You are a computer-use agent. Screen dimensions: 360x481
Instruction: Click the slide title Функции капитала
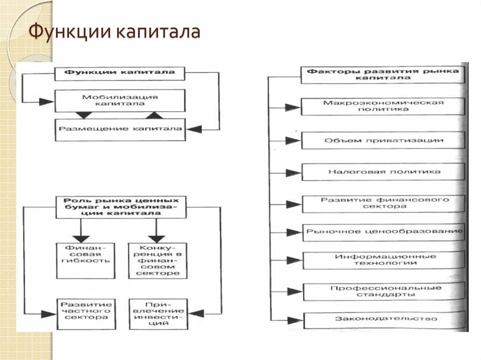[115, 32]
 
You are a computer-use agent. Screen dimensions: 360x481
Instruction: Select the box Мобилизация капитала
[120, 100]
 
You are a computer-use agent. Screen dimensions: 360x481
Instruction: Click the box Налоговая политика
[383, 172]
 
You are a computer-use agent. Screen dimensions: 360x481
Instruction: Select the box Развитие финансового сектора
[383, 203]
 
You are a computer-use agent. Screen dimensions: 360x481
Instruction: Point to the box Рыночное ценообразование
[383, 232]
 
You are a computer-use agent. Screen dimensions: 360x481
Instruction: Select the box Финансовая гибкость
[85, 260]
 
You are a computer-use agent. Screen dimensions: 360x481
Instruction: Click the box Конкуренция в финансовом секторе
[157, 260]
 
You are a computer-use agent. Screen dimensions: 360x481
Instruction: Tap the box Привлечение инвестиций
[157, 313]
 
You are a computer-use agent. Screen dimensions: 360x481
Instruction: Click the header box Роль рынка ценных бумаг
[121, 207]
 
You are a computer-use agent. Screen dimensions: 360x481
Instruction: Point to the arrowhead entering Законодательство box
[295, 321]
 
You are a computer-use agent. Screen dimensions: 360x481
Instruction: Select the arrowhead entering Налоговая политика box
[294, 173]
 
